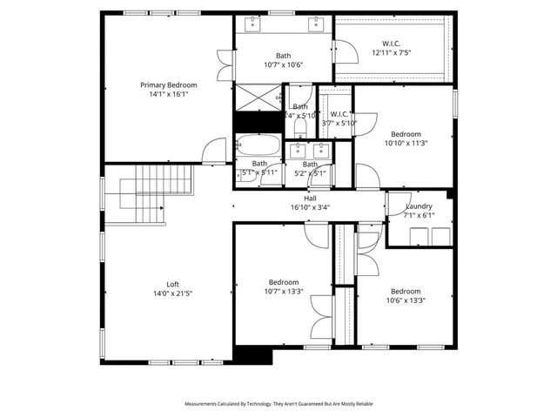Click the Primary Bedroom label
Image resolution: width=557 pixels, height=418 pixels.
pos(169,85)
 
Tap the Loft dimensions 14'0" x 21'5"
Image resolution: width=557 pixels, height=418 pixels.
pos(172,294)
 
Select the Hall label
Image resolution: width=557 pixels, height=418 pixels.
pos(310,199)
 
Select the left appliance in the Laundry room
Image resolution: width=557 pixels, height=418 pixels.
pos(414,233)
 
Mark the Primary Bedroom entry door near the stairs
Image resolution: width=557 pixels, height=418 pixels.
pos(212,153)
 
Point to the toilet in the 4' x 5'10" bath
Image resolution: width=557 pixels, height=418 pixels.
pos(300,128)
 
